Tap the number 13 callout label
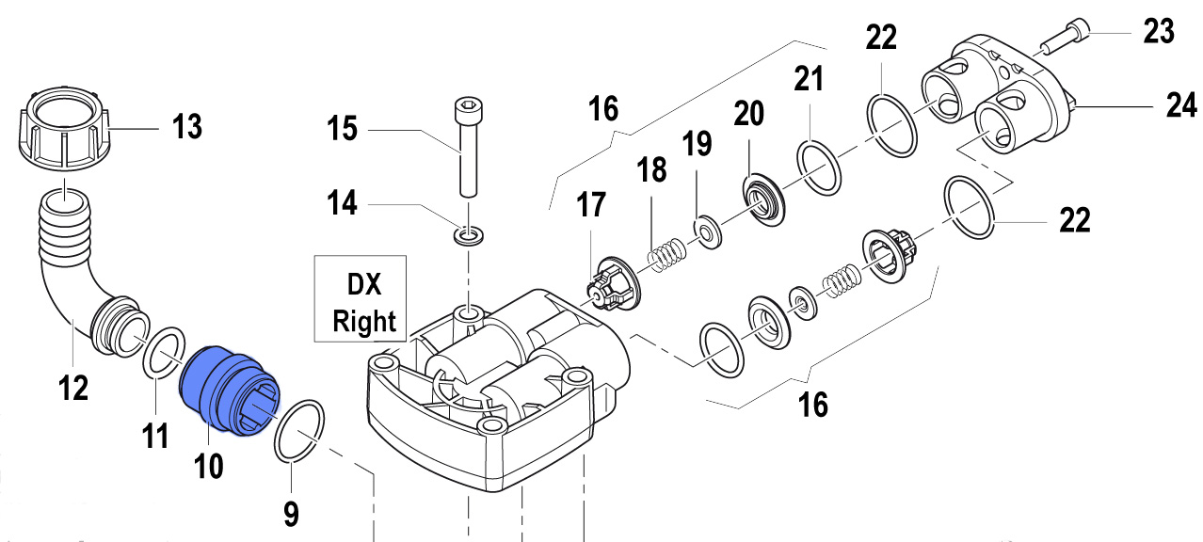pyautogui.click(x=186, y=126)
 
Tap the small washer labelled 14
pyautogui.click(x=466, y=233)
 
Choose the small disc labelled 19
pyautogui.click(x=705, y=229)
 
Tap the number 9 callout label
pyautogui.click(x=291, y=513)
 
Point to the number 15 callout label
pyautogui.click(x=343, y=127)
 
